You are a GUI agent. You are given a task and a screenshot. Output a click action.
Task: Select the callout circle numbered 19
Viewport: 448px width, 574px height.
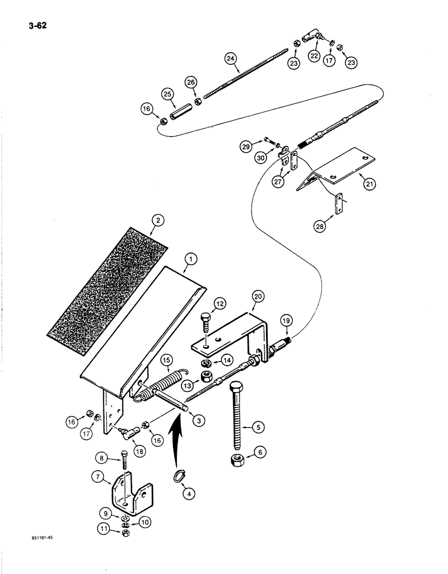point(287,321)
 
